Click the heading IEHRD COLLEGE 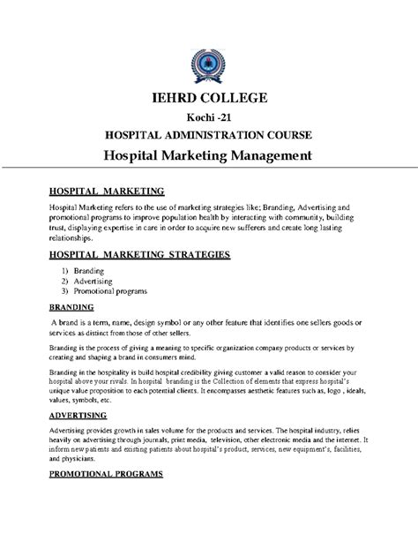208,98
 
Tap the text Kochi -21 208,118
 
